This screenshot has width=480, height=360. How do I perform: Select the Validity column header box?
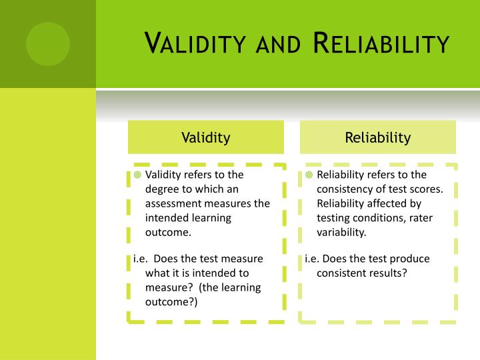point(205,137)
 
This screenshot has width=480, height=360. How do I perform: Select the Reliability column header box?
point(377,137)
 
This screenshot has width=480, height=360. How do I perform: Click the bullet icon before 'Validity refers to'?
point(137,175)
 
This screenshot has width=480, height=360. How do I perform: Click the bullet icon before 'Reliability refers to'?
point(309,175)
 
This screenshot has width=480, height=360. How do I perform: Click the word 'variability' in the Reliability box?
point(341,233)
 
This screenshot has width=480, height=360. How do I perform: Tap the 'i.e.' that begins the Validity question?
point(135,259)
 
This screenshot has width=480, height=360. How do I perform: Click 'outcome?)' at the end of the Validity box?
point(171,302)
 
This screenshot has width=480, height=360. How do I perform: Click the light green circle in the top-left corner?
point(47,43)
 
